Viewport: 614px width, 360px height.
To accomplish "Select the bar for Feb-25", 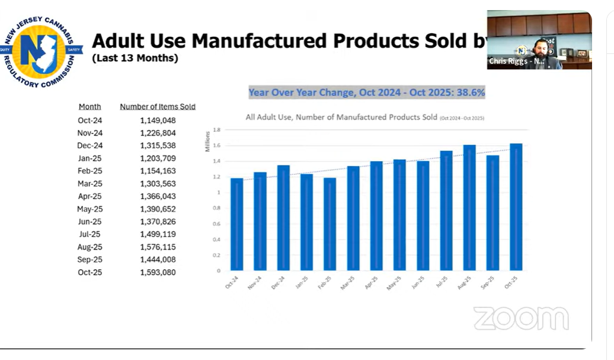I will click(x=330, y=224).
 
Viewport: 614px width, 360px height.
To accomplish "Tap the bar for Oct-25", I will click(x=516, y=207).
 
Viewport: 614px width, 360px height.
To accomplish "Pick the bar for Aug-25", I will click(x=469, y=208).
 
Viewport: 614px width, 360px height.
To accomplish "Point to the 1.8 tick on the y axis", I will click(x=216, y=130).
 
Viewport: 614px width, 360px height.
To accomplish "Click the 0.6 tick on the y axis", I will click(x=216, y=224).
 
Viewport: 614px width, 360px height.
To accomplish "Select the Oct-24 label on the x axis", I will click(x=232, y=283).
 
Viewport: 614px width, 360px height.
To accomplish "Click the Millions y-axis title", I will click(x=208, y=141).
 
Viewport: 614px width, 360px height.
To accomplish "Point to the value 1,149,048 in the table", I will click(x=158, y=120).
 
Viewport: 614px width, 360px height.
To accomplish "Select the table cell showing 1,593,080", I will click(x=158, y=272).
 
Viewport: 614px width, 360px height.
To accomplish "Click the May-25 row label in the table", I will click(x=90, y=209).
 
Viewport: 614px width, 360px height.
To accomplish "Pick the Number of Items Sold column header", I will click(x=158, y=107).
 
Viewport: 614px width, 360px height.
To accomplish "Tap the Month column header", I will click(x=90, y=107).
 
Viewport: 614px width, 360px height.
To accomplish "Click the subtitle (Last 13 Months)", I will click(x=135, y=58).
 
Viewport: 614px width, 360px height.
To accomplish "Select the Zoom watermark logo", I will click(x=521, y=318).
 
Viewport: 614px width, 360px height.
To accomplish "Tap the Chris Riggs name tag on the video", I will click(x=516, y=61).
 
